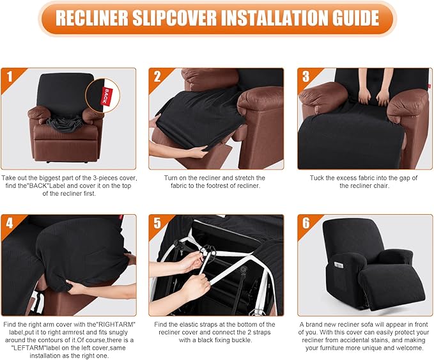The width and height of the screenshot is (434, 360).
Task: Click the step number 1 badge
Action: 9,77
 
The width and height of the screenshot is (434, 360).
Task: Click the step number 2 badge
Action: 157,77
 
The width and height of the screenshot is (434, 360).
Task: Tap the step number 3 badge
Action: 306,77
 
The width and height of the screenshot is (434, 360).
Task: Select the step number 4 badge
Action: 9,224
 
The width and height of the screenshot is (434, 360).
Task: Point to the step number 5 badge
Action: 157,224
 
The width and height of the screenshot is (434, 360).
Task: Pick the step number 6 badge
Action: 306,224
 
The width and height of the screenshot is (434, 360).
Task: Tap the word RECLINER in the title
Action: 89,18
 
